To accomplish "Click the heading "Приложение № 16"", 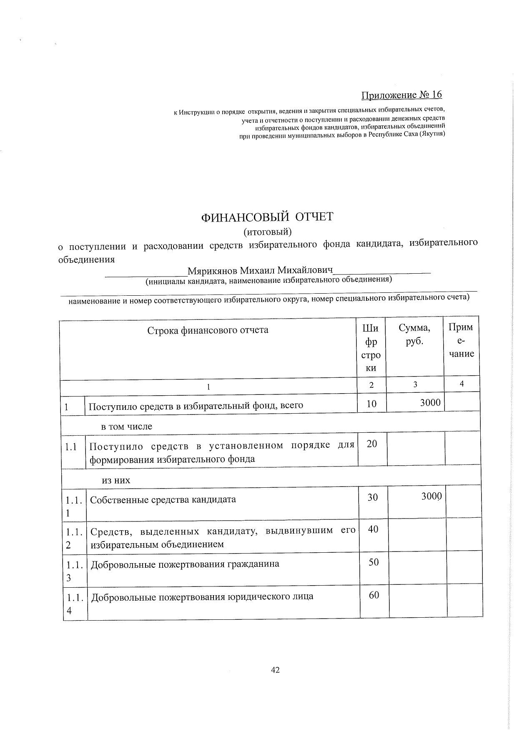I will pyautogui.click(x=401, y=95).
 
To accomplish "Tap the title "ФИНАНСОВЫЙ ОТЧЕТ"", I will pyautogui.click(x=267, y=217).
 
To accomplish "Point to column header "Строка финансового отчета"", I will pyautogui.click(x=208, y=330).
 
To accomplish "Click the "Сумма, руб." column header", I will pyautogui.click(x=414, y=334).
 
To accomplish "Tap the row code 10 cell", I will pyautogui.click(x=371, y=403).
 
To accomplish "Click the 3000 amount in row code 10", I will pyautogui.click(x=430, y=402).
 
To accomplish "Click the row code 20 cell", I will pyautogui.click(x=372, y=444).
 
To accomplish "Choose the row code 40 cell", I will pyautogui.click(x=373, y=529).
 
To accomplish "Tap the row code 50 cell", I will pyautogui.click(x=374, y=562).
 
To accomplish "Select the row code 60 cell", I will pyautogui.click(x=374, y=595).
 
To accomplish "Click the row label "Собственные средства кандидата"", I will pyautogui.click(x=163, y=499).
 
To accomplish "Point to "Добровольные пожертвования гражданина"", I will pyautogui.click(x=185, y=564).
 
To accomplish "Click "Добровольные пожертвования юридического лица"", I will pyautogui.click(x=202, y=596).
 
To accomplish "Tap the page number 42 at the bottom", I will pyautogui.click(x=275, y=670).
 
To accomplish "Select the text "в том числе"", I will pyautogui.click(x=127, y=427).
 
